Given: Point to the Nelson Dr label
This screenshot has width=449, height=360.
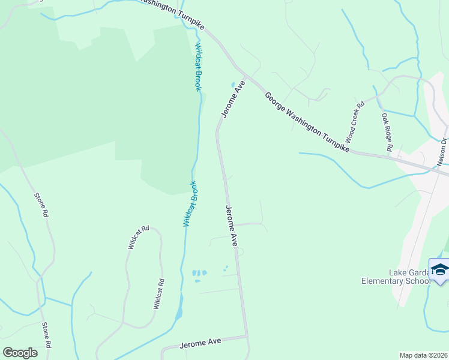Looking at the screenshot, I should pos(442,152).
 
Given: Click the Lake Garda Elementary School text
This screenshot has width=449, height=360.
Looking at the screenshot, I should pos(396,277).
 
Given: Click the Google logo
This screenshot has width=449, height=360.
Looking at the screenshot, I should pos(20,353).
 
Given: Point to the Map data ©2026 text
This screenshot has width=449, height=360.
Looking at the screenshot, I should pos(424,355).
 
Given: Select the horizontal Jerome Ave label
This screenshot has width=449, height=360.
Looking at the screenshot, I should pos(200,342).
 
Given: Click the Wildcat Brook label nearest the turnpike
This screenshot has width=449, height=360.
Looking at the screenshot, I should pos(197,67).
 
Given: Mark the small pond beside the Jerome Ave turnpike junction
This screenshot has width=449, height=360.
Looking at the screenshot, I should pos(234,85).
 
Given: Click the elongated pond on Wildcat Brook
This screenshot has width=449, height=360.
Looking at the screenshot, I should pos(179,313).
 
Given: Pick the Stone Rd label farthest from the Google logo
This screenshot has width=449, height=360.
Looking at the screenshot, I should pos(40,205).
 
